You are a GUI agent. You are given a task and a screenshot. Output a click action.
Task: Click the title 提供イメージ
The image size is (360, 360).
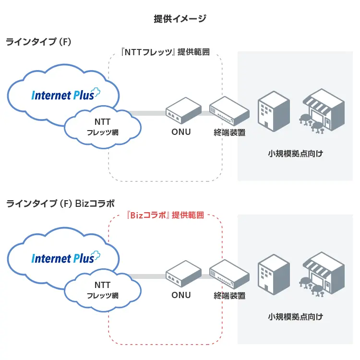coord(180,19)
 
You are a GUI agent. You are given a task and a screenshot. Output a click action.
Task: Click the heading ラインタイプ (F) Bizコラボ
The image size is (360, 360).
coord(60,204)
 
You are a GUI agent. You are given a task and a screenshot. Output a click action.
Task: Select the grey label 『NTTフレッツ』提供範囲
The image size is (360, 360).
coord(166,52)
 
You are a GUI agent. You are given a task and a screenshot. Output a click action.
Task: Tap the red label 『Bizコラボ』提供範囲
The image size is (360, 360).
coord(166,215)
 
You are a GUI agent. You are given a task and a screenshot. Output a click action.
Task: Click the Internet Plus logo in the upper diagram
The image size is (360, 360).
coord(65,94)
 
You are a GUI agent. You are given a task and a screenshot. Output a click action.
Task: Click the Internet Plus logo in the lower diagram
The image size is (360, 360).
coord(65,258)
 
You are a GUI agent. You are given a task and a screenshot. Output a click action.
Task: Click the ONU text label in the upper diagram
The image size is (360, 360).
coord(181,132)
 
